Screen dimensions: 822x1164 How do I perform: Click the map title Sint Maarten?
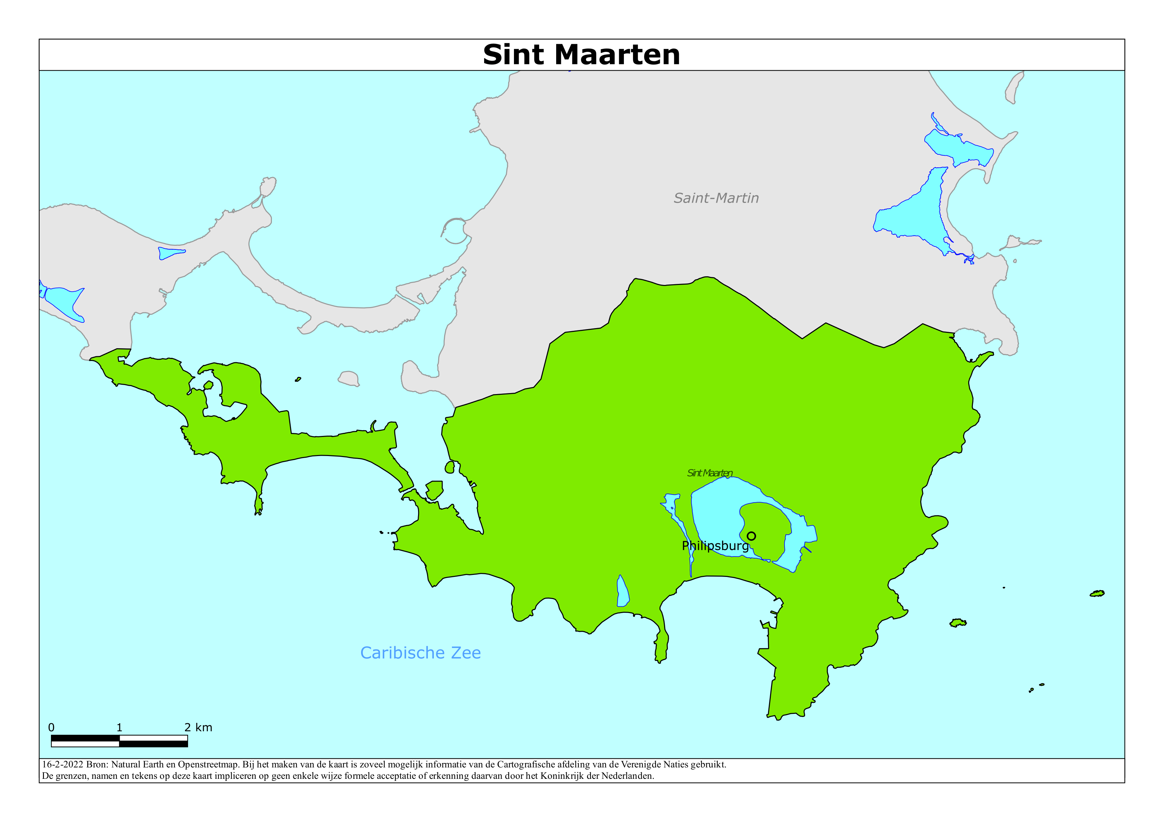tap(581, 55)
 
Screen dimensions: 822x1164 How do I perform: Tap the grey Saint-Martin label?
tap(716, 198)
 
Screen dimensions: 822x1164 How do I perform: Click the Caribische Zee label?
tap(420, 653)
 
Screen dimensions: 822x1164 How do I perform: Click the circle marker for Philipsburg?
tap(751, 536)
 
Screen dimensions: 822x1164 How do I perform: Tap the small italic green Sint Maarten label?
tap(709, 473)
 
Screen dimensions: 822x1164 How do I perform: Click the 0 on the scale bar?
tap(51, 727)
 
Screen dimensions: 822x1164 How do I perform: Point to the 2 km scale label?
tap(198, 727)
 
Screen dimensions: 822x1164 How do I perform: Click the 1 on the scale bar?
tap(119, 727)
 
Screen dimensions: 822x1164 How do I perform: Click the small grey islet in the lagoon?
tap(349, 378)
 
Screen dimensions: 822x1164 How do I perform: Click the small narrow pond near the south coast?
tap(623, 593)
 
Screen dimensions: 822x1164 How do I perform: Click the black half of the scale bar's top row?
tap(85, 738)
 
